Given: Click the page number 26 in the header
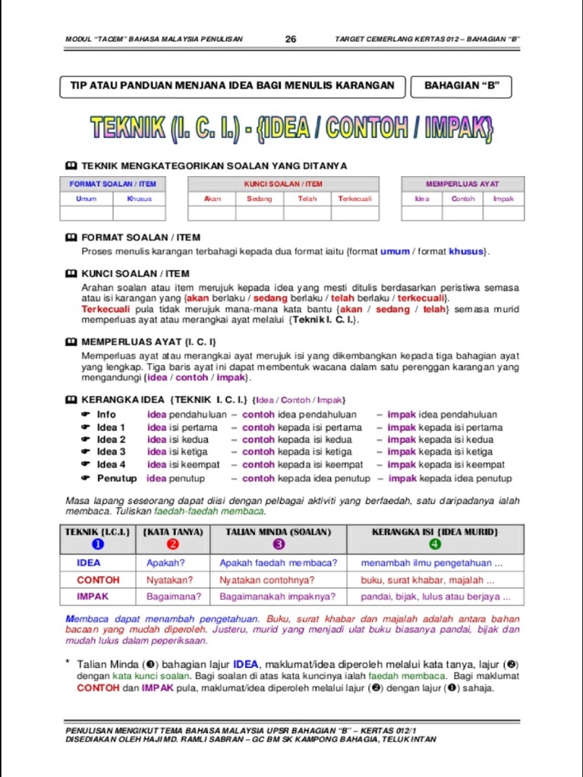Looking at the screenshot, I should tap(291, 39).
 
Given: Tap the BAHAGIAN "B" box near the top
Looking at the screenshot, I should tap(462, 86).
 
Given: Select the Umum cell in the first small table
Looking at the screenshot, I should tap(87, 199).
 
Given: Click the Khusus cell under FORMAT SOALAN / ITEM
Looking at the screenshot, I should tap(140, 199).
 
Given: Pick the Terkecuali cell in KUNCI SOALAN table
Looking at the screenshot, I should tap(355, 199).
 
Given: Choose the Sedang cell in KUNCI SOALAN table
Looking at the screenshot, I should tap(260, 199).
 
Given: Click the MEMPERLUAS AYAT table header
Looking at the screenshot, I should tap(462, 184).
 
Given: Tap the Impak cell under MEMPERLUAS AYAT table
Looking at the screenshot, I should tap(503, 199).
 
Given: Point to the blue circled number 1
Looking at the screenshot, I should tap(97, 544).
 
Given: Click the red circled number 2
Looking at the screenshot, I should tap(173, 544).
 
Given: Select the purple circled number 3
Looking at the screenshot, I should tap(279, 544).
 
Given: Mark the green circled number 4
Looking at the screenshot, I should tap(434, 544).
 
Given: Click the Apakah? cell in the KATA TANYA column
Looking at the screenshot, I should tap(165, 563).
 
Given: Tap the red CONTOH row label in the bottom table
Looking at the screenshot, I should tap(98, 580).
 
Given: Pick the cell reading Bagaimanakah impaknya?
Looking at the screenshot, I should tap(277, 596).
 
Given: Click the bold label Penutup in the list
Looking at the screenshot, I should tap(117, 478).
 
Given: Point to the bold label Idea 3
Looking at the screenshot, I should tap(112, 451).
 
